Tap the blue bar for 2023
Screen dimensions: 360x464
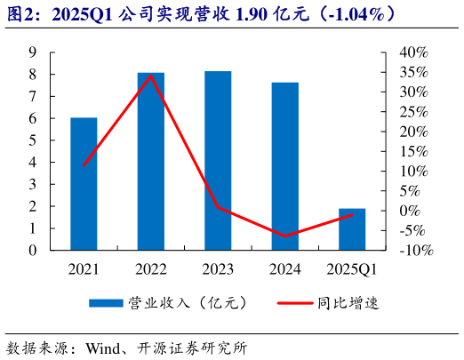[x=218, y=161]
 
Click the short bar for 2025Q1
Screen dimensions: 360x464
[x=352, y=229]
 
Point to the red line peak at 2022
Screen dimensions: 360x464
[x=151, y=76]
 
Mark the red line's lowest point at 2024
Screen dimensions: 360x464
[x=285, y=236]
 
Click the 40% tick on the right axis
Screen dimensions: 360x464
[x=414, y=52]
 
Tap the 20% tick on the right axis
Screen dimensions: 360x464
[x=414, y=132]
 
